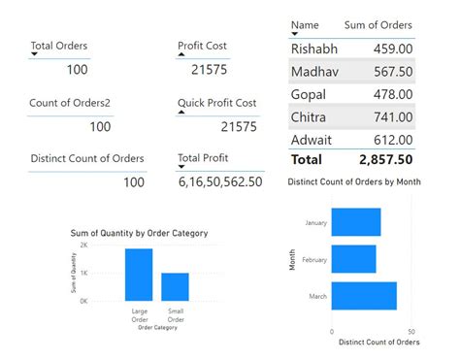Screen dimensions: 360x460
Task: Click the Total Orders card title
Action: (x=59, y=46)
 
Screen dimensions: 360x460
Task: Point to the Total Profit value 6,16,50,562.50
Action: (x=220, y=181)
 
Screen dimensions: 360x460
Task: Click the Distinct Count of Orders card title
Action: (x=87, y=158)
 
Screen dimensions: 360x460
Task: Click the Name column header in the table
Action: (x=305, y=25)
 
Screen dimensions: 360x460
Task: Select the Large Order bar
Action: (x=139, y=275)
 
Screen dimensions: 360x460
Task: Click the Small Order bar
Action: (x=175, y=286)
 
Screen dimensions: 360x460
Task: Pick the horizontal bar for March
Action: (x=364, y=296)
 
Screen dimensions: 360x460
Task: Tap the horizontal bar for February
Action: (x=353, y=259)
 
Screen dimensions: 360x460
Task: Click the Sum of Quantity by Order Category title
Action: (x=139, y=234)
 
